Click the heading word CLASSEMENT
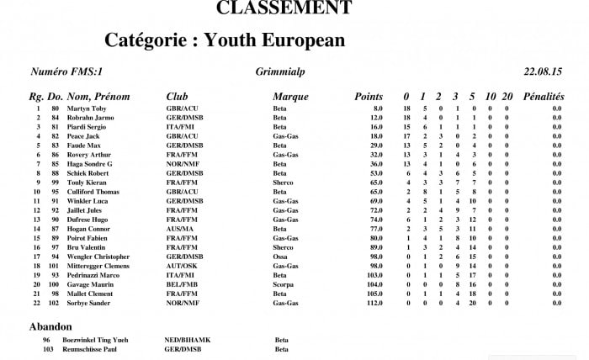coord(284,8)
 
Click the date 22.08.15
coord(544,72)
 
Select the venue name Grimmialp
coord(279,72)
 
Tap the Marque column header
coord(290,98)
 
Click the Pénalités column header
coord(543,98)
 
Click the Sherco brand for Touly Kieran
coord(284,183)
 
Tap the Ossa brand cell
coord(280,257)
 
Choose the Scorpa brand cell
coord(284,284)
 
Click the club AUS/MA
coord(180,229)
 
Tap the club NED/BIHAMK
coord(187,340)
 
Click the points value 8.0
coord(378,109)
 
